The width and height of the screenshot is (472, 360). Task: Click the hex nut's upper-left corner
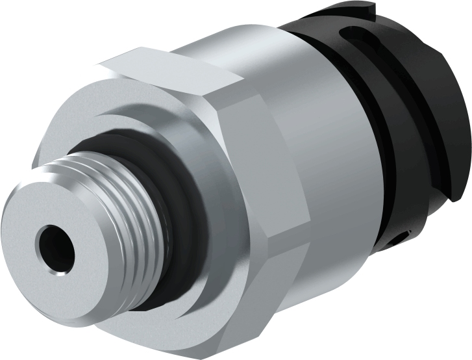pyautogui.click(x=104, y=65)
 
